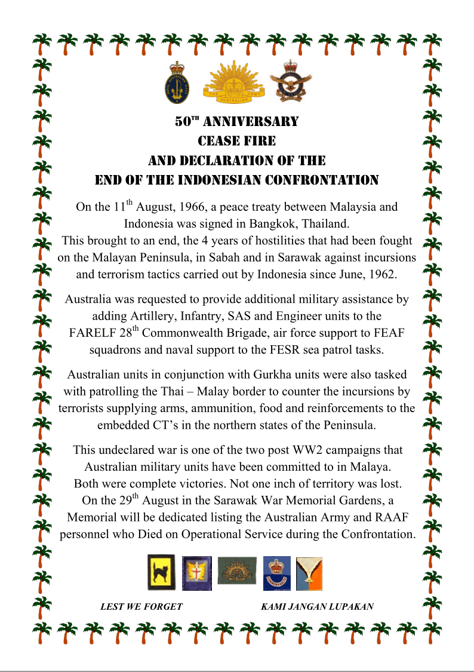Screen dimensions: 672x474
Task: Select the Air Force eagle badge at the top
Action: coord(290,82)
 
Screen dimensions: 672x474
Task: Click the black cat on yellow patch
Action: coord(161,572)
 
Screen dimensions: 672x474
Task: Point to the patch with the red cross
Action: coord(193,573)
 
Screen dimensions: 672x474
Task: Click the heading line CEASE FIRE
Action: coord(236,141)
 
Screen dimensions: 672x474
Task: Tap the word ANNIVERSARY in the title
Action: coord(251,122)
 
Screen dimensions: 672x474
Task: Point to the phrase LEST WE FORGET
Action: coord(141,606)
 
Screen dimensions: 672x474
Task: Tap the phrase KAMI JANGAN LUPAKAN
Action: coord(318,606)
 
